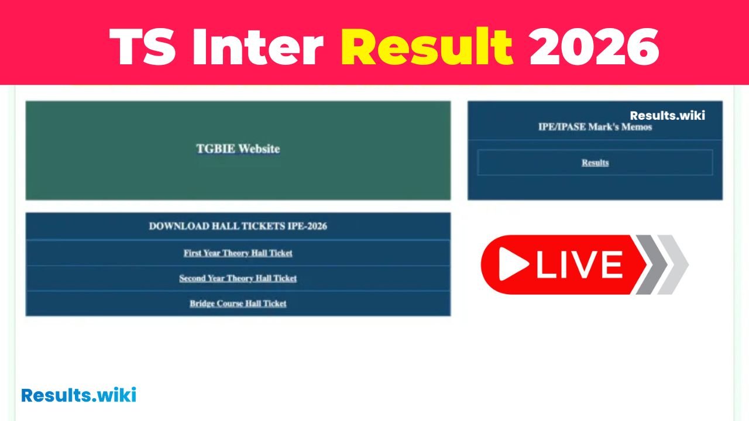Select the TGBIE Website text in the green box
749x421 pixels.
[x=238, y=149]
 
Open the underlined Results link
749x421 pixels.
[x=595, y=163]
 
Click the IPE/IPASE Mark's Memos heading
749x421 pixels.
[x=595, y=127]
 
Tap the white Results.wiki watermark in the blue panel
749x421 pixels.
[x=667, y=116]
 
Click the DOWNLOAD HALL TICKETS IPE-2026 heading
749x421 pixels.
[x=238, y=226]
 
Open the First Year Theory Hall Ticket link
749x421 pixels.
[x=238, y=253]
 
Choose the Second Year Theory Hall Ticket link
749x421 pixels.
[x=238, y=278]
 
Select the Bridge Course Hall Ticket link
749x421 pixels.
[x=238, y=303]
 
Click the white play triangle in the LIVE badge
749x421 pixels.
[x=513, y=264]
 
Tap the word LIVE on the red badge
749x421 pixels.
[x=579, y=265]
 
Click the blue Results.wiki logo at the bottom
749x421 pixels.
[x=78, y=395]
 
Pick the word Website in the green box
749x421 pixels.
[x=259, y=149]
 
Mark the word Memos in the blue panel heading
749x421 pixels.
[x=636, y=127]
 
